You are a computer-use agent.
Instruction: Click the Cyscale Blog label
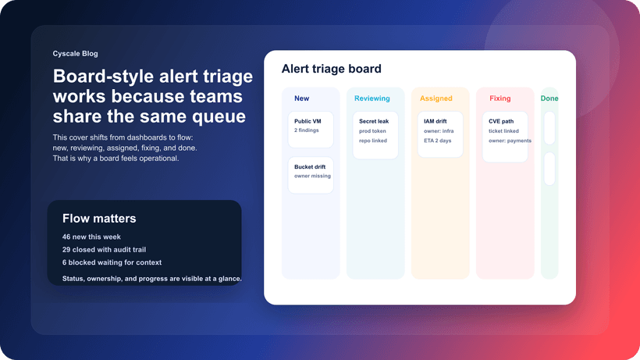(x=76, y=54)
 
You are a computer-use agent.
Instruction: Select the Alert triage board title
(x=331, y=69)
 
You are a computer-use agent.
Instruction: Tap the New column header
(x=301, y=98)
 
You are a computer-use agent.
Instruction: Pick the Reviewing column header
(x=372, y=98)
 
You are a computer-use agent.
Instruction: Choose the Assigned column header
(x=436, y=98)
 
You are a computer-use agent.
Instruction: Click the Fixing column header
(x=500, y=98)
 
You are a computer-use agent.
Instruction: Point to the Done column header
(x=549, y=98)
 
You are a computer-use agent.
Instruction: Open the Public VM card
(x=311, y=130)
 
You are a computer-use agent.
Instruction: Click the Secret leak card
(x=375, y=135)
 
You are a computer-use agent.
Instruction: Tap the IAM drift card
(x=440, y=135)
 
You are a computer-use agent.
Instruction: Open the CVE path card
(x=505, y=137)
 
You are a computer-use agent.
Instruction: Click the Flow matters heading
(x=99, y=219)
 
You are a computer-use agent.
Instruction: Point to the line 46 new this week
(x=91, y=237)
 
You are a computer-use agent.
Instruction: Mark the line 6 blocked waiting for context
(x=112, y=262)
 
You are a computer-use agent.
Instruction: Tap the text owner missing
(x=311, y=176)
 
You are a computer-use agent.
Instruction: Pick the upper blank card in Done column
(x=549, y=128)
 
